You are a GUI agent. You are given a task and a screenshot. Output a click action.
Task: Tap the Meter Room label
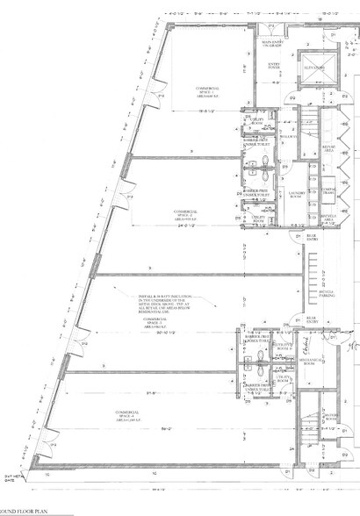(331, 418)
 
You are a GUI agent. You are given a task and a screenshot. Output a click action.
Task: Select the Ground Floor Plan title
(18, 510)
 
